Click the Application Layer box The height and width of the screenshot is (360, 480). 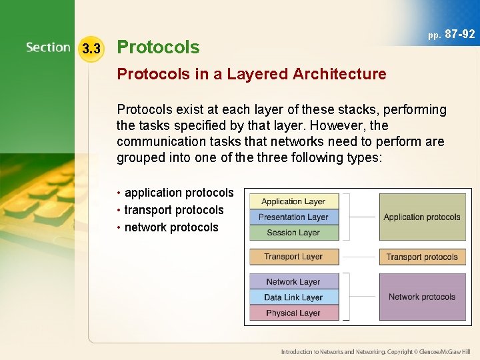tap(294, 201)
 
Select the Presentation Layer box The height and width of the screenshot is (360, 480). tap(294, 217)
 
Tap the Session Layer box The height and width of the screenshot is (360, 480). tap(294, 233)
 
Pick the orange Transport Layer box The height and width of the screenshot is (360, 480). tap(294, 257)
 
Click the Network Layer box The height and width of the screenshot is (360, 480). tap(294, 281)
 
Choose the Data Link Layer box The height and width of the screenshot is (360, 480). tap(294, 297)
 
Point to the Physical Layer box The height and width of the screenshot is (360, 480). tap(294, 313)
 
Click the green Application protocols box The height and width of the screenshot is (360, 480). tap(422, 217)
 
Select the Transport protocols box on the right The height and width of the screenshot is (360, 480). tap(422, 257)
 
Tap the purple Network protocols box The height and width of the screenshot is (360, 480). tap(422, 297)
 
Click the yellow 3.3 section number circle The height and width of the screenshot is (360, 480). tap(91, 49)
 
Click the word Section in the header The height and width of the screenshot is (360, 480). tap(48, 47)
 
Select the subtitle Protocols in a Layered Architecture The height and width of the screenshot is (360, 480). tap(251, 74)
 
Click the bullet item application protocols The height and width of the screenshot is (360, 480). tap(179, 193)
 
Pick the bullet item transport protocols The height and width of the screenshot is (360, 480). tap(174, 210)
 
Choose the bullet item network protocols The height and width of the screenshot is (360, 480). tap(171, 227)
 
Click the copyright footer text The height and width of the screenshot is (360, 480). tap(375, 351)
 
